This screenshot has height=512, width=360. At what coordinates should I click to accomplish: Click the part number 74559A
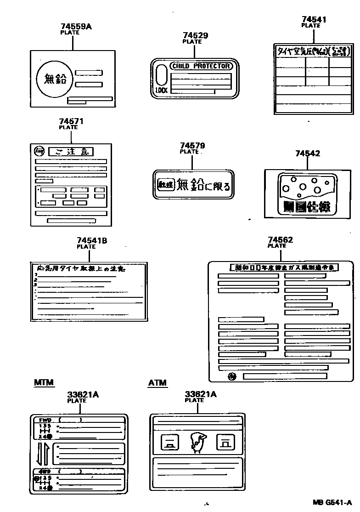coord(76,27)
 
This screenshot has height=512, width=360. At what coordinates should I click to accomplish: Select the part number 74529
coord(195,35)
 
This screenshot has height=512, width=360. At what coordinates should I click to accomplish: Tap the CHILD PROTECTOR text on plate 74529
coord(201,66)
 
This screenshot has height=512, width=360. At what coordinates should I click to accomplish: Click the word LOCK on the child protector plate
coord(162,91)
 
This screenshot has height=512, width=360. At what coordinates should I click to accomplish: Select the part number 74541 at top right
coord(314,19)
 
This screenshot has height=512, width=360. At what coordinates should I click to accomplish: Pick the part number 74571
coord(71,121)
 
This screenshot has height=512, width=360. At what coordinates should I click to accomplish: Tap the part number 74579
coord(192,146)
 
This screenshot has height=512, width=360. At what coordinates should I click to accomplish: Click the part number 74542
coord(308,154)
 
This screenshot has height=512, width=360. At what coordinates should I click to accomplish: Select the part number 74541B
coord(92,240)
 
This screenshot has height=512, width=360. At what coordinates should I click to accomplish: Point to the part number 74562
coord(280,240)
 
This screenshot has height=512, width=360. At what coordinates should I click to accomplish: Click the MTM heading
coord(44,382)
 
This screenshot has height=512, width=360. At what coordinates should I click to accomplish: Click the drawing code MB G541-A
coord(332,502)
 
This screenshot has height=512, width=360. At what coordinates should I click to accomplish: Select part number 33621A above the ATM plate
coord(200,394)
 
